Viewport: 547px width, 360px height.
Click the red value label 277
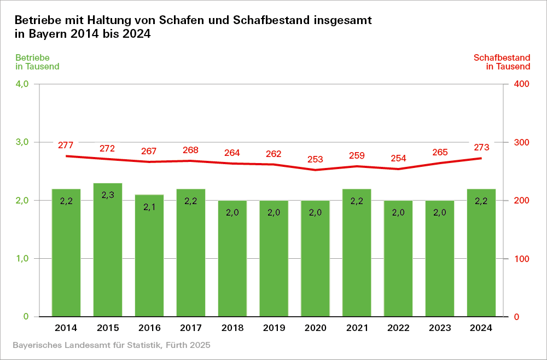click(x=66, y=145)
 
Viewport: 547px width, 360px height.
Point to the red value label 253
click(x=315, y=159)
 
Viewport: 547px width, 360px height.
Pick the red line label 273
click(x=481, y=147)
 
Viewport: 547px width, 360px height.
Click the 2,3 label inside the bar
click(x=108, y=195)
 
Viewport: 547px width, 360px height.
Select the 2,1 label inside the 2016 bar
click(x=149, y=206)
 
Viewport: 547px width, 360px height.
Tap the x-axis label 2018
click(x=232, y=328)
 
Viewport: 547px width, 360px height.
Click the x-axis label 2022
click(x=398, y=328)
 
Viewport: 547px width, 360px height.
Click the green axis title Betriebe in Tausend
click(x=37, y=62)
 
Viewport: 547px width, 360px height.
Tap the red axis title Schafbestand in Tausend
click(x=502, y=62)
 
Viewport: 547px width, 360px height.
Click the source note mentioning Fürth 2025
click(x=111, y=346)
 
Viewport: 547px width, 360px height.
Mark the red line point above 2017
click(x=191, y=161)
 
